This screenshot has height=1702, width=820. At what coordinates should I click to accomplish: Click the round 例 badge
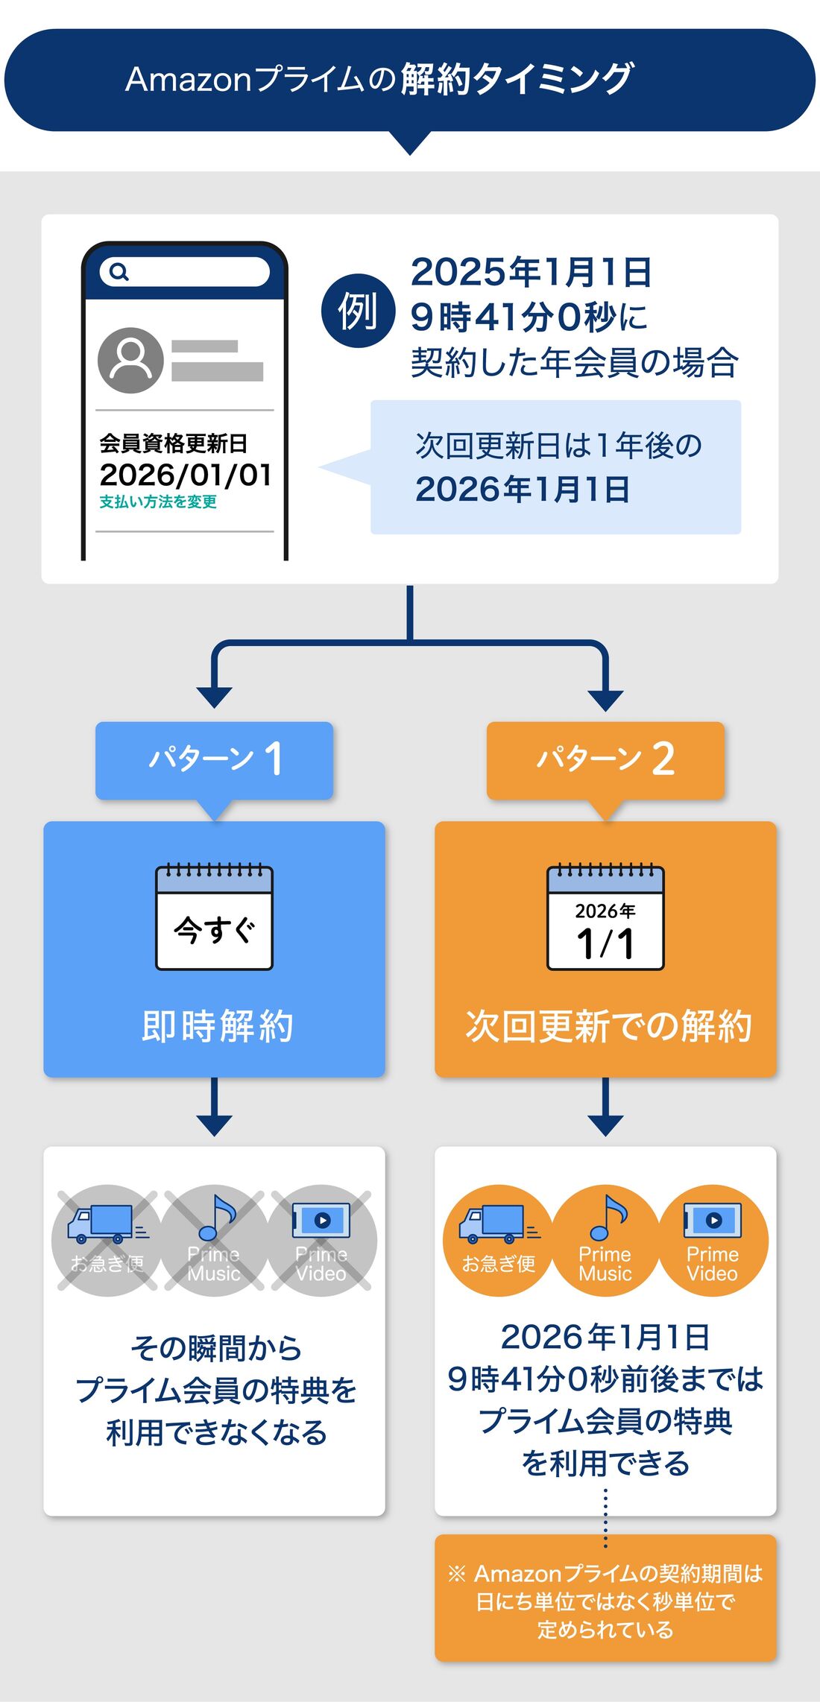[358, 311]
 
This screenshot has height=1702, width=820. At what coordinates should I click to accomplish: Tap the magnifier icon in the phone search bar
[119, 272]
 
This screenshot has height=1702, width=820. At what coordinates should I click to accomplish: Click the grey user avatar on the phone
[130, 361]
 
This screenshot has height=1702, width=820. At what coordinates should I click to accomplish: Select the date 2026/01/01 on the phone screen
[185, 475]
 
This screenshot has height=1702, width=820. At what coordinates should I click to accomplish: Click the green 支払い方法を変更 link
[158, 502]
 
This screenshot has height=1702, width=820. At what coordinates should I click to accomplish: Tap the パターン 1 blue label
[215, 759]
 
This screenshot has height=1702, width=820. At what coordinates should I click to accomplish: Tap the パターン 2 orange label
[605, 759]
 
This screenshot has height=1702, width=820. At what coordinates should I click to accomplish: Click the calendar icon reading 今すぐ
[215, 917]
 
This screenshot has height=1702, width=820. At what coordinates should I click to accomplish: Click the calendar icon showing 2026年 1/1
[605, 917]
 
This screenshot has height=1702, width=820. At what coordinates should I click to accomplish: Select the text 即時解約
[217, 1026]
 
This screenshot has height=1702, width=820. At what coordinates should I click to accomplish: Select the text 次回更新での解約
[608, 1026]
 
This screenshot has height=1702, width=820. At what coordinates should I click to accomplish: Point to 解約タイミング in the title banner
[517, 79]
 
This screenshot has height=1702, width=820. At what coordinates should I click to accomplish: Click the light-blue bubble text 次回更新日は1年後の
[558, 446]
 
